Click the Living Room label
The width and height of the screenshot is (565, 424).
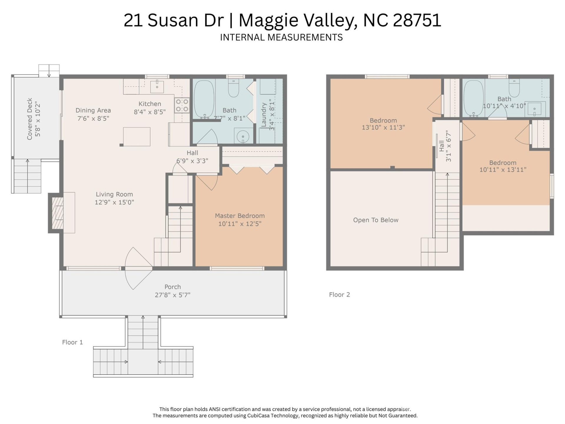click(114, 194)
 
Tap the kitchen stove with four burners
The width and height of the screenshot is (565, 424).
click(182, 105)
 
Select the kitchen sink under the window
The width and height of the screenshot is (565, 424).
click(157, 86)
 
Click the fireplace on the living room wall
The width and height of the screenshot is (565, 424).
click(58, 213)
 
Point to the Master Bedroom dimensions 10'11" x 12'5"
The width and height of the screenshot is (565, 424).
click(240, 224)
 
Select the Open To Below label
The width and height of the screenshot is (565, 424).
click(375, 220)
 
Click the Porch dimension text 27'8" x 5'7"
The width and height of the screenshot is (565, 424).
click(172, 295)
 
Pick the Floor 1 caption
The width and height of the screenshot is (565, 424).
click(72, 342)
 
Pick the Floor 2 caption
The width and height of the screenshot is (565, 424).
click(339, 294)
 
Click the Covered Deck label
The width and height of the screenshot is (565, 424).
click(30, 119)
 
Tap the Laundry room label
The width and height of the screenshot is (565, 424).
click(264, 115)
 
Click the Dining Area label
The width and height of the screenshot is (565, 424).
click(93, 110)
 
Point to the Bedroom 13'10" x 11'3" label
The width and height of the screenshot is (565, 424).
click(383, 124)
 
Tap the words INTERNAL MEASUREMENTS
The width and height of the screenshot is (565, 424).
click(281, 37)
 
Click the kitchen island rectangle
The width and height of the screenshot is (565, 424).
click(137, 137)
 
